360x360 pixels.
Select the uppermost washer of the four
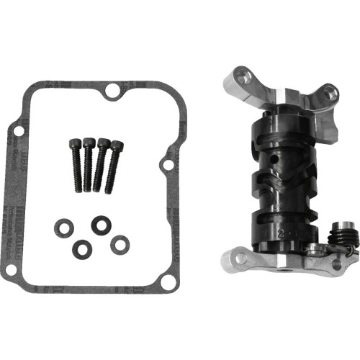97,225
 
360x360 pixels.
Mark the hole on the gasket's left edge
17,130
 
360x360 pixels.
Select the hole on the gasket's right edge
168,165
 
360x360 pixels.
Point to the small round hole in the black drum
274,158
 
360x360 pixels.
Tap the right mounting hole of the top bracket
330,92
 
